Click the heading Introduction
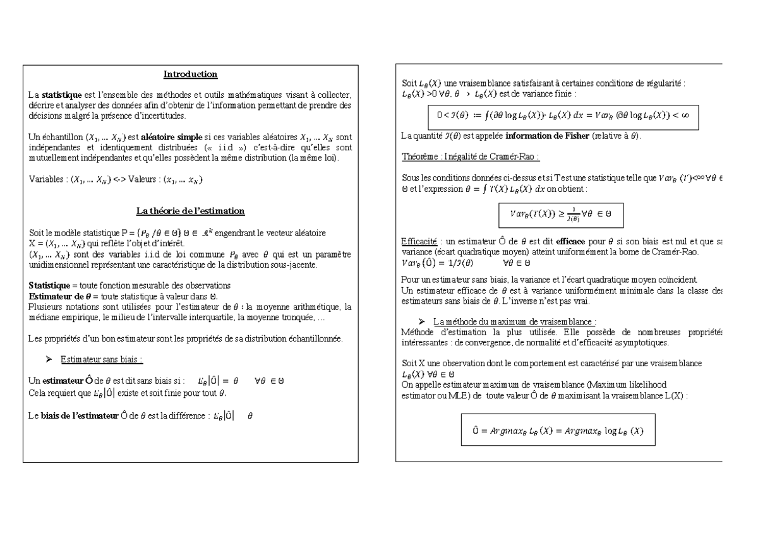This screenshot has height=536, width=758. coord(190,74)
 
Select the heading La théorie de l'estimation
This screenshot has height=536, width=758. coord(190,211)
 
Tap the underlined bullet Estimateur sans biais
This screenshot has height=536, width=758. coord(101,360)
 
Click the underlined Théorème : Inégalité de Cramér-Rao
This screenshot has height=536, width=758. coord(471,157)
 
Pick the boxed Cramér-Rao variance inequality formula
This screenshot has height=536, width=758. coord(561,215)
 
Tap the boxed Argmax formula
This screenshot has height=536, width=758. coord(558,431)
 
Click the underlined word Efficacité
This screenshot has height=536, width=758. coord(419,241)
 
